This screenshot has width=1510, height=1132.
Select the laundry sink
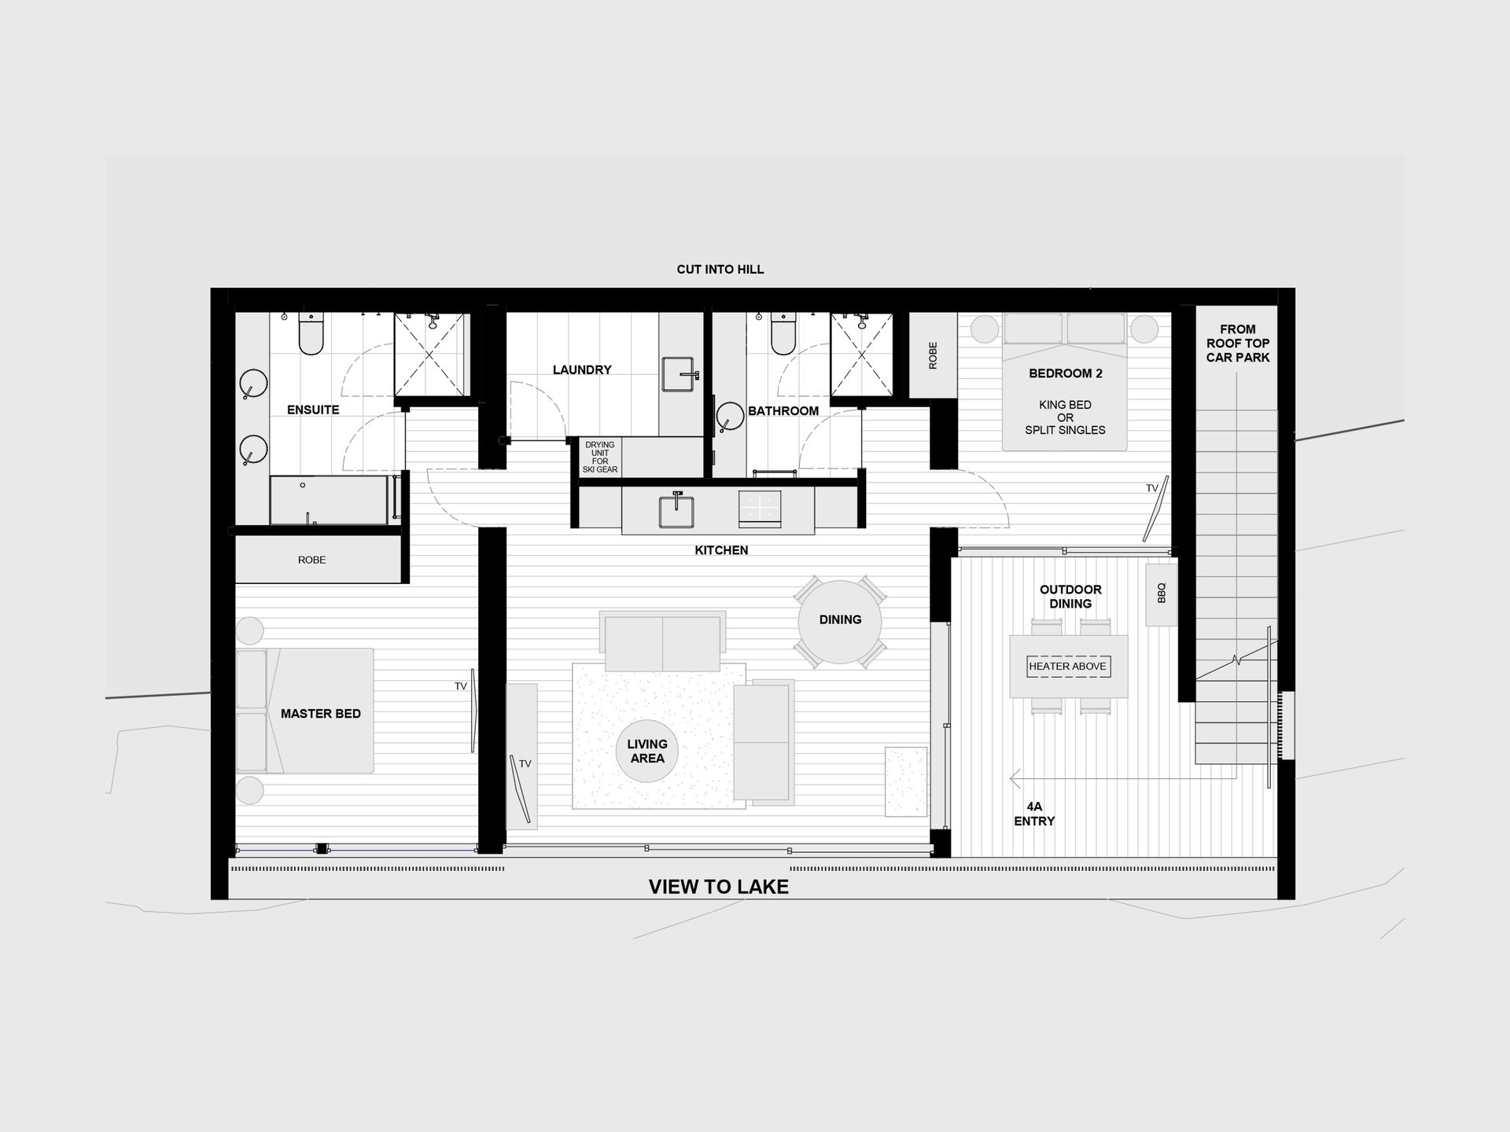click(x=679, y=374)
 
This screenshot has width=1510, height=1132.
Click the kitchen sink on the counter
click(x=676, y=509)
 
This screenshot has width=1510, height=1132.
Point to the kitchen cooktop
click(x=760, y=509)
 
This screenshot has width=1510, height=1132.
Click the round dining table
click(x=840, y=622)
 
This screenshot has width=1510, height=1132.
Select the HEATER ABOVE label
click(x=1067, y=667)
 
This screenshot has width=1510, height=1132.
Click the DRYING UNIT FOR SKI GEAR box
click(x=600, y=457)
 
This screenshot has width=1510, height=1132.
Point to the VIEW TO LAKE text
click(x=718, y=887)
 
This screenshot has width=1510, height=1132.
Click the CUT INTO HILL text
click(x=720, y=270)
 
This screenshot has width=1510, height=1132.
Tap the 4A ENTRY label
click(x=1034, y=814)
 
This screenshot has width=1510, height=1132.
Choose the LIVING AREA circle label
click(x=647, y=751)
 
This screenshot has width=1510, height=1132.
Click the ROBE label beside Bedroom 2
click(x=933, y=355)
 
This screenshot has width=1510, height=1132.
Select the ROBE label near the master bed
click(x=311, y=560)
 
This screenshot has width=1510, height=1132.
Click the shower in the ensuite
click(x=430, y=355)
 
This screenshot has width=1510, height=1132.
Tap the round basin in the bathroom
click(x=730, y=417)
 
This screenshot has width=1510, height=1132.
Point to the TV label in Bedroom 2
click(x=1151, y=488)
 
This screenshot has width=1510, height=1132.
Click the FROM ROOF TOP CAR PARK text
click(x=1238, y=344)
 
